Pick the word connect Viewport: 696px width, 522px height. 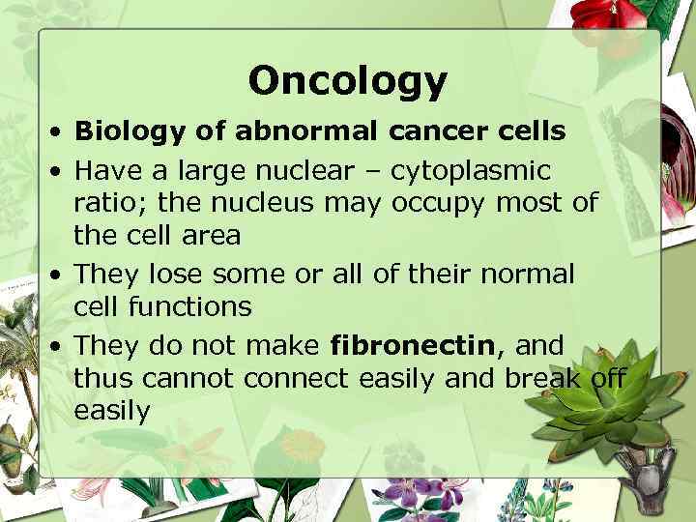pos(296,378)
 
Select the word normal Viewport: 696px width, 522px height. pos(531,274)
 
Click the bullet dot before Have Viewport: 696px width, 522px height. pos(60,172)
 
